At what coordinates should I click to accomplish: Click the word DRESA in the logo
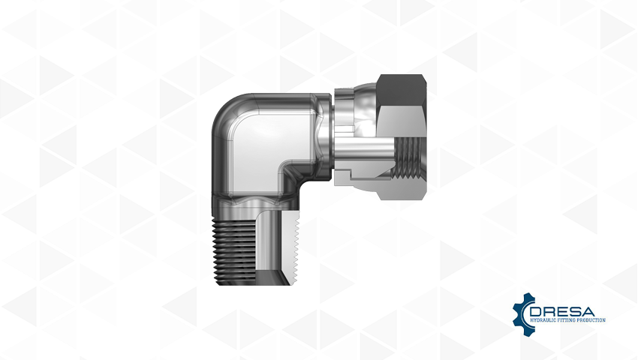click(x=562, y=312)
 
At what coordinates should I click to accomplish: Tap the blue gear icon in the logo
click(x=522, y=310)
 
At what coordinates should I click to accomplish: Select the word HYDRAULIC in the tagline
click(x=543, y=320)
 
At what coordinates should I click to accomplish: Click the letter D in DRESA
click(x=536, y=312)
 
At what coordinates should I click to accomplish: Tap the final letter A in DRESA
click(x=588, y=312)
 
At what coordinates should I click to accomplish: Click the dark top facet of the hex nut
click(x=402, y=89)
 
